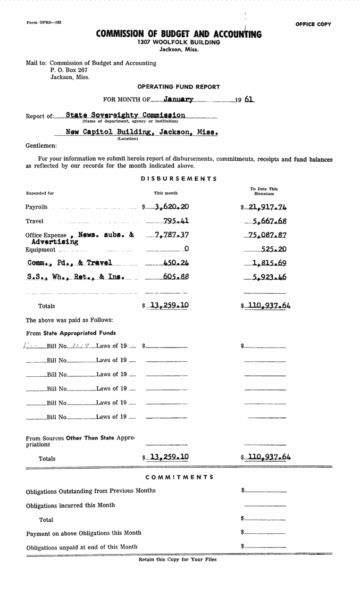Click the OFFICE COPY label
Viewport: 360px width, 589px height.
(x=313, y=24)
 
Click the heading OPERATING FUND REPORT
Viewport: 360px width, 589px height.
(x=178, y=87)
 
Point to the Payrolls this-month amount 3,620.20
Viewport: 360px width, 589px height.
(x=168, y=207)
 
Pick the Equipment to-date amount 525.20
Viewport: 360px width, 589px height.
(x=274, y=249)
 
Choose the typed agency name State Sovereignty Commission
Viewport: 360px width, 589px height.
(x=125, y=115)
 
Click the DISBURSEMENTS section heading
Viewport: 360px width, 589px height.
(x=179, y=179)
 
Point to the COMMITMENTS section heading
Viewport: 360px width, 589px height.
(x=179, y=477)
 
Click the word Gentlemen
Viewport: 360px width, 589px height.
(x=41, y=146)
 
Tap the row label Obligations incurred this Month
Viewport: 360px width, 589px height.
(x=70, y=505)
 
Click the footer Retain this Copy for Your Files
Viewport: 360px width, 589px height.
(x=177, y=560)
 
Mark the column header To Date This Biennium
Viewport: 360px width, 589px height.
(x=264, y=191)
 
